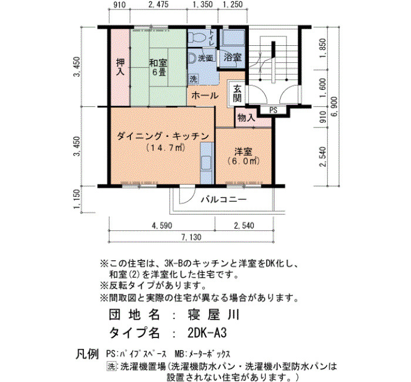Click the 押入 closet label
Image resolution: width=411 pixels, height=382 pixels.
click(x=120, y=67)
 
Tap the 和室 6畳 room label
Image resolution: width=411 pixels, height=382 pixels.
click(x=158, y=67)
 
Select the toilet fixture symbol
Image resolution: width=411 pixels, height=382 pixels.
click(x=194, y=38)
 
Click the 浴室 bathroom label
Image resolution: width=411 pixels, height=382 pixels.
click(x=233, y=57)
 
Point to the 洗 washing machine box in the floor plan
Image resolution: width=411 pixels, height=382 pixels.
click(x=193, y=79)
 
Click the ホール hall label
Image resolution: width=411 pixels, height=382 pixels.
click(x=205, y=95)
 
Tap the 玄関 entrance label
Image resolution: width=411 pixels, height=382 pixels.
click(x=237, y=93)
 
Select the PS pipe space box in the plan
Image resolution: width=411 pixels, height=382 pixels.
click(x=273, y=110)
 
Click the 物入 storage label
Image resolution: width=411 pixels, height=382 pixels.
click(x=246, y=118)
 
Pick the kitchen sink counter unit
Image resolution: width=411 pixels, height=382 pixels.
click(x=207, y=163)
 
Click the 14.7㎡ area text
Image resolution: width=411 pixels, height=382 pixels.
click(x=166, y=148)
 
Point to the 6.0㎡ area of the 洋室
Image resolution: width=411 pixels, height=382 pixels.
click(x=244, y=160)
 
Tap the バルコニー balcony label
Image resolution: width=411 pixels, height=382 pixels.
click(x=224, y=200)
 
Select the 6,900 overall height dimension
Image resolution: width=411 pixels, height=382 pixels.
click(x=335, y=107)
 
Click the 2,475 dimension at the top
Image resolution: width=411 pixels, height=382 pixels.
click(x=159, y=5)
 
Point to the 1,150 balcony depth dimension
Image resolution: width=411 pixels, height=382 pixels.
click(x=77, y=199)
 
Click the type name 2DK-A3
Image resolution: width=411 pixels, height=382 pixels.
click(x=207, y=333)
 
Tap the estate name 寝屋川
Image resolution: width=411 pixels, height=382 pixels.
click(x=213, y=314)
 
